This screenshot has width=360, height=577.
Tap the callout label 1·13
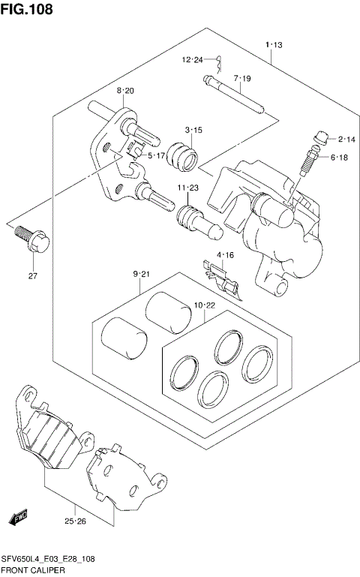(x=273, y=46)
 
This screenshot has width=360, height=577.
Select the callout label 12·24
(x=192, y=60)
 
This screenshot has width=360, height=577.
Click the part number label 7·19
(x=241, y=78)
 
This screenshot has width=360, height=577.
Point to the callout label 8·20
(x=124, y=91)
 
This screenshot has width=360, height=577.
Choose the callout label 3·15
(x=193, y=131)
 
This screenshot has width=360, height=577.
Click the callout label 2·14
(x=346, y=139)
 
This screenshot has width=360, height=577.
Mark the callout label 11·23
(x=187, y=188)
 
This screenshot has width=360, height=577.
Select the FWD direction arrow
(x=18, y=518)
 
